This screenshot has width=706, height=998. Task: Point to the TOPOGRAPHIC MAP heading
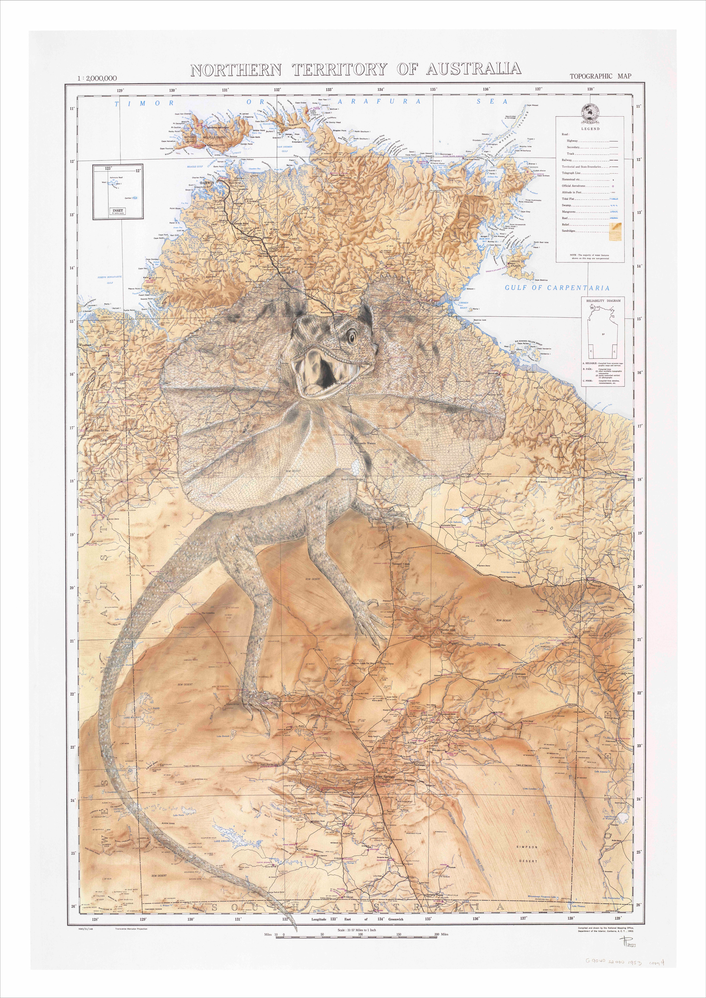tap(600, 76)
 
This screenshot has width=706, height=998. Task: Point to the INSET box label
tap(117, 210)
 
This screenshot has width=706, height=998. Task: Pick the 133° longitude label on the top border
tap(329, 89)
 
